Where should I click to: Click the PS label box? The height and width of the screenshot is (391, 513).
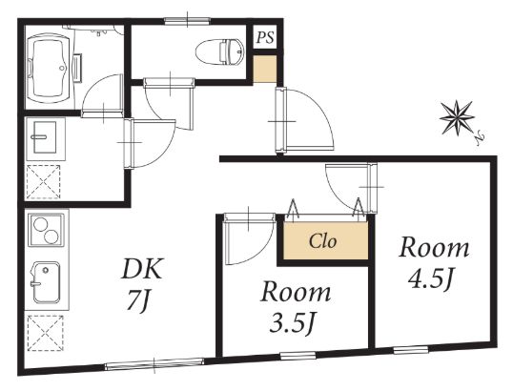[x=265, y=37]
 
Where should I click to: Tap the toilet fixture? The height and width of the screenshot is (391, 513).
[x=220, y=52]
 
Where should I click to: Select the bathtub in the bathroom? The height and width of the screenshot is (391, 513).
[x=48, y=68]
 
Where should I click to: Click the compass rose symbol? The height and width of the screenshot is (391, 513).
[x=457, y=117]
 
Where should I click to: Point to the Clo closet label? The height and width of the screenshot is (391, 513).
[x=322, y=242]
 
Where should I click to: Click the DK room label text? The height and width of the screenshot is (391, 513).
[x=142, y=269]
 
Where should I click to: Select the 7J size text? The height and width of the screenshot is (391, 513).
[x=138, y=300]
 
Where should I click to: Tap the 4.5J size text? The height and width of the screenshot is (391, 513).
[x=431, y=280]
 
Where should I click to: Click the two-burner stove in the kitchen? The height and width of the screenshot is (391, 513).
[x=46, y=231]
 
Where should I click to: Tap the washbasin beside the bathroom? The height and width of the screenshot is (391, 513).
[x=46, y=137]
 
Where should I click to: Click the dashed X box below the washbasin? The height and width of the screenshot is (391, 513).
[x=44, y=182]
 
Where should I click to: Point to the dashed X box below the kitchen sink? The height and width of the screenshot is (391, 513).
[x=46, y=333]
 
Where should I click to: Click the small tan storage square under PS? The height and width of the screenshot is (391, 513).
[x=265, y=69]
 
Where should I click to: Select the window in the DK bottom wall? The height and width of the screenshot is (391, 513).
[x=154, y=364]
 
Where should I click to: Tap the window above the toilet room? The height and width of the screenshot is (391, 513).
[x=187, y=21]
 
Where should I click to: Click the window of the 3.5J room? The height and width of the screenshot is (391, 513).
[x=298, y=356]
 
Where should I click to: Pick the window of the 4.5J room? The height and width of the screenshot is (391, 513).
[x=411, y=350]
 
